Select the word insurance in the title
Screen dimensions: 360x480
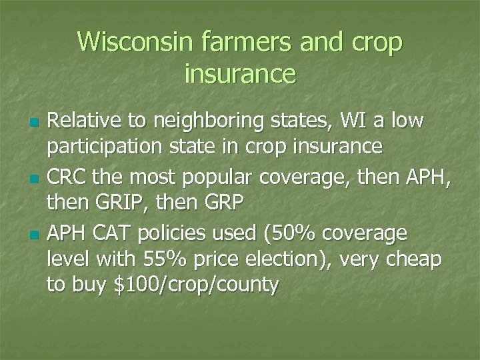[x=240, y=73]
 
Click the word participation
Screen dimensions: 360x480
[x=105, y=147]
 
